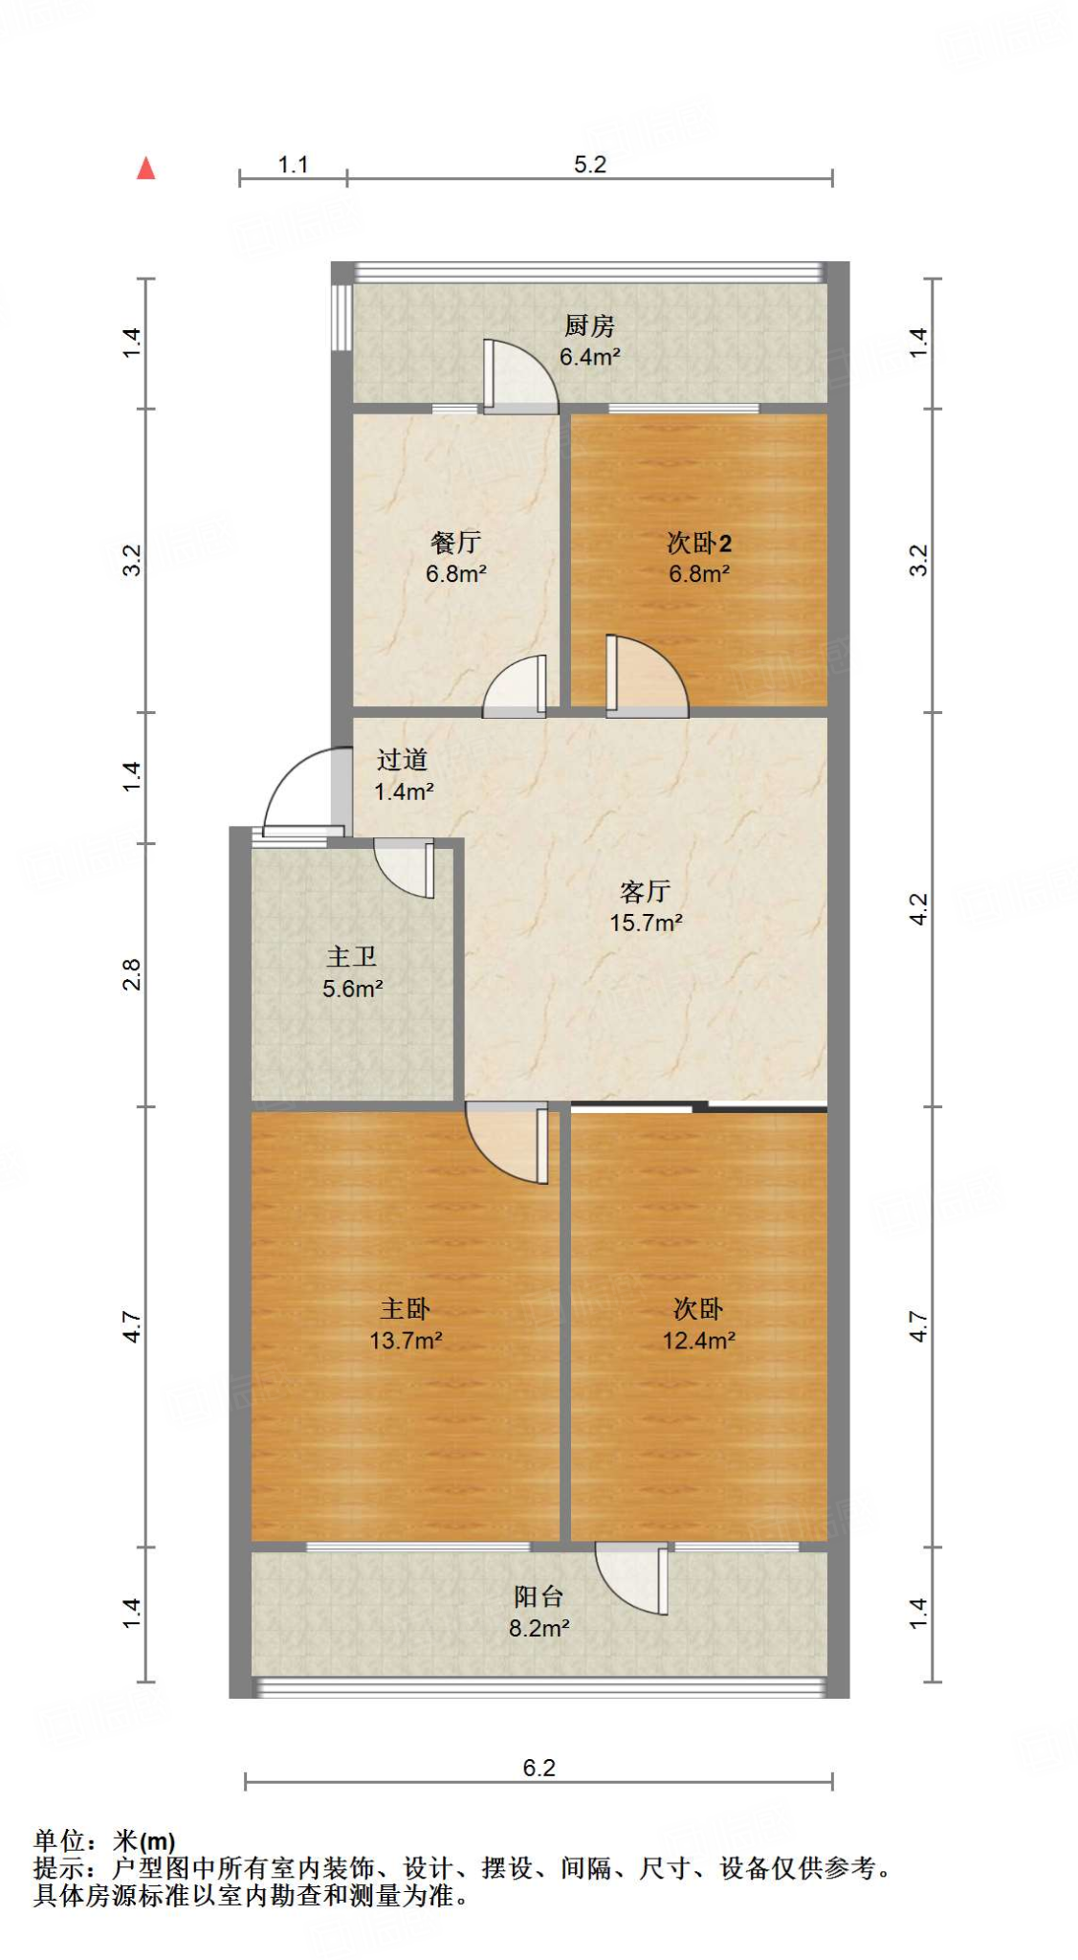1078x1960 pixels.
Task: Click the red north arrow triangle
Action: click(145, 168)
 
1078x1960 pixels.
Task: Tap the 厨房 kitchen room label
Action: click(589, 326)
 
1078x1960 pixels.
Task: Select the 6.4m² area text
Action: click(589, 357)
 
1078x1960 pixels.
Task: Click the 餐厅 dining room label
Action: click(455, 543)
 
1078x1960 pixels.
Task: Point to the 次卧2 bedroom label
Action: click(699, 543)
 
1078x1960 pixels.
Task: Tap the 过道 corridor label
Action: click(402, 760)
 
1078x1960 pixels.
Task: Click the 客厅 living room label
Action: click(646, 892)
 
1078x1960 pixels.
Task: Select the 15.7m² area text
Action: click(646, 923)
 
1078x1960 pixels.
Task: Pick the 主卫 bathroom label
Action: click(352, 957)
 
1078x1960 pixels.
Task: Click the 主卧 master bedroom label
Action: click(406, 1308)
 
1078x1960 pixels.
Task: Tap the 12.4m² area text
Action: click(698, 1340)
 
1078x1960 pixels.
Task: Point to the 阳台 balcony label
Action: click(539, 1596)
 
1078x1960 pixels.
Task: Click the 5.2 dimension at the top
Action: click(590, 165)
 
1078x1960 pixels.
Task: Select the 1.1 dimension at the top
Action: click(293, 165)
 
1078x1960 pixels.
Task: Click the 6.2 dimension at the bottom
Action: click(539, 1768)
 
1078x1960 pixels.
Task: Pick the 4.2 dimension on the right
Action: click(918, 908)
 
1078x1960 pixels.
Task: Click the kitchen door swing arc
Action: click(524, 373)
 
